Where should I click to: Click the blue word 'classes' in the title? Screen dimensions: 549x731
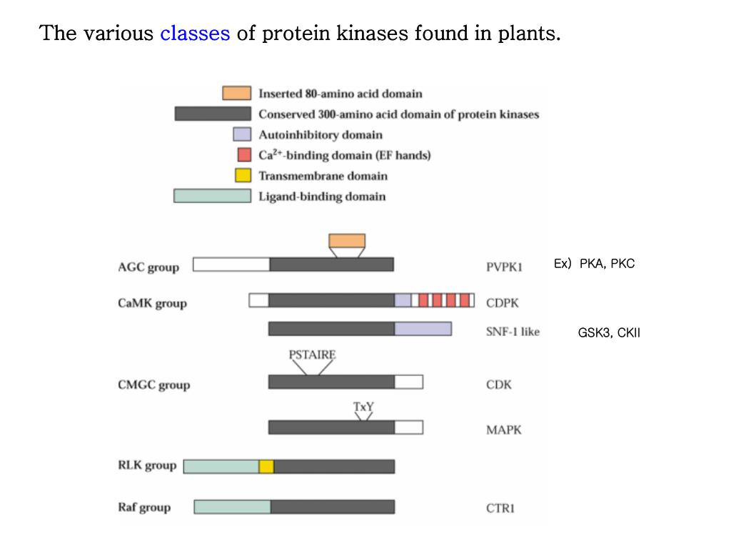click(x=195, y=34)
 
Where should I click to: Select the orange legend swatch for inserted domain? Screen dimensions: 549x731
click(x=236, y=94)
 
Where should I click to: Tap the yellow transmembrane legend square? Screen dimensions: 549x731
click(x=243, y=176)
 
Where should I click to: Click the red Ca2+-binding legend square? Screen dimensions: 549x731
click(x=243, y=155)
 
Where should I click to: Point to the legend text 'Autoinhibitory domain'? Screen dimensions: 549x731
click(x=321, y=135)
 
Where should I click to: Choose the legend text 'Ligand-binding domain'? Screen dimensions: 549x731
click(x=322, y=197)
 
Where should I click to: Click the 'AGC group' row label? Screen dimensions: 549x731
click(x=148, y=267)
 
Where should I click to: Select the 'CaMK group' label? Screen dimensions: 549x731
click(x=152, y=303)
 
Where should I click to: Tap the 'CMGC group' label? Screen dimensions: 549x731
click(x=153, y=385)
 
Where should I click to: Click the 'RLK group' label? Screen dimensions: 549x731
click(x=146, y=466)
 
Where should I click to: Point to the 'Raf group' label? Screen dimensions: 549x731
click(x=144, y=508)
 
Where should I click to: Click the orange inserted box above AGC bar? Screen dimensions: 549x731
click(x=347, y=241)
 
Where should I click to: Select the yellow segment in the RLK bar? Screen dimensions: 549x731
click(x=266, y=467)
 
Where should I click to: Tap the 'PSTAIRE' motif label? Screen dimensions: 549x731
click(x=312, y=355)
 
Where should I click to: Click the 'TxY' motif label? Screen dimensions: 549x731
click(x=363, y=407)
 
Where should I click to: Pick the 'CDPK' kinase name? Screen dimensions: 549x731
click(x=503, y=303)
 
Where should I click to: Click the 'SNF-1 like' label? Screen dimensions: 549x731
click(x=513, y=332)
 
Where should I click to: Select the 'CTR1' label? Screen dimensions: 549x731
click(x=500, y=508)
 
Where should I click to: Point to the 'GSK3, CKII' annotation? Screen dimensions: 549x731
click(x=609, y=332)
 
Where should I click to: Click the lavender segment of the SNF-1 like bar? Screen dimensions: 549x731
click(x=423, y=329)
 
